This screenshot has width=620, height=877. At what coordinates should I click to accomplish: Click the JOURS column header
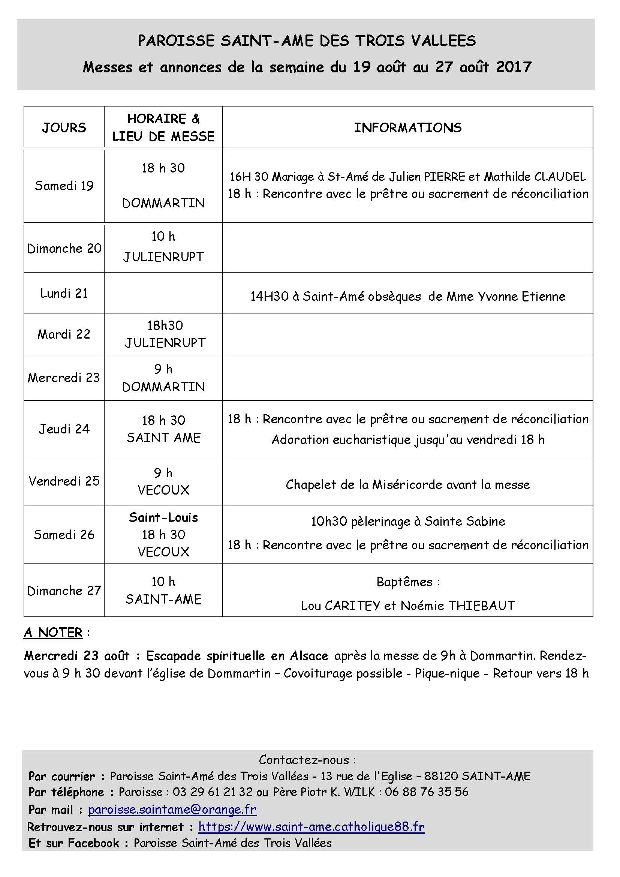coord(64,127)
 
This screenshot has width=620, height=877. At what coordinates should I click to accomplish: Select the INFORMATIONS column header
coord(408,127)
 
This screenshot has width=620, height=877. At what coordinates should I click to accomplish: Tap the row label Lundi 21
coord(64,293)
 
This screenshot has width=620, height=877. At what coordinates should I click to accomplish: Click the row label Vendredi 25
coord(64,481)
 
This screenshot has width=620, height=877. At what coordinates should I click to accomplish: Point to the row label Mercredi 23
coord(64,378)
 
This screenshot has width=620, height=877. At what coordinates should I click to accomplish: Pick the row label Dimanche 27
coord(64,591)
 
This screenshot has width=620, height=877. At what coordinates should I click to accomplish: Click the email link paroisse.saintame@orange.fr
coord(172,810)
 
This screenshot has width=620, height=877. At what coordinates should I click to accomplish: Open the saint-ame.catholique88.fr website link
coord(311,827)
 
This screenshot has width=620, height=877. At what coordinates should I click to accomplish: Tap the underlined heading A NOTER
coord(53,633)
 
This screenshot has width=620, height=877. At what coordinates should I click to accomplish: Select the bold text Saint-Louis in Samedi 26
coord(163,517)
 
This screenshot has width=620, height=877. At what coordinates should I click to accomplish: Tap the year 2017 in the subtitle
coord(514,67)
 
